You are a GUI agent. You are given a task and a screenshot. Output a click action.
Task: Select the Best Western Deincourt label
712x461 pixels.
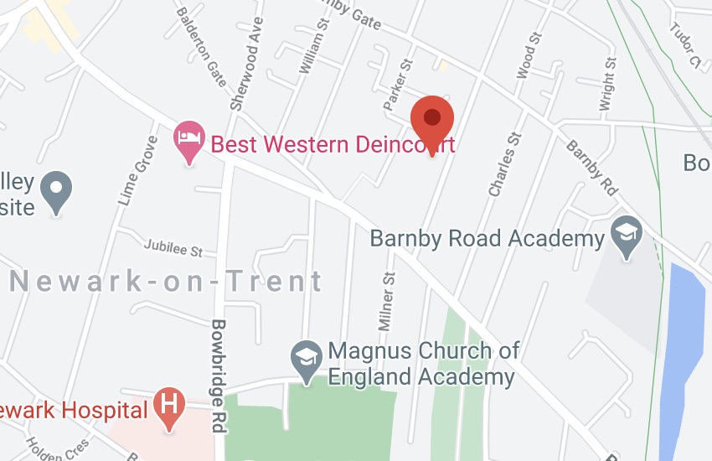coord(333,144)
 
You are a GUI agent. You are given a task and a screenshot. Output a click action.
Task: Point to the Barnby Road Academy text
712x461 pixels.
coord(487,239)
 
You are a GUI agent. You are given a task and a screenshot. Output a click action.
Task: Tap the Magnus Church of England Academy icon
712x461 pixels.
coord(307,359)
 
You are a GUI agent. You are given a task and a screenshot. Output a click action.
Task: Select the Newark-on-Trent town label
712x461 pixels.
coord(166,281)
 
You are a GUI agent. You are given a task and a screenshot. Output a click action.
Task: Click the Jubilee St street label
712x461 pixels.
coord(173,250)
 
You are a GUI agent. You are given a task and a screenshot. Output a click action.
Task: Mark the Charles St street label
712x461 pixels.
coord(505,164)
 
